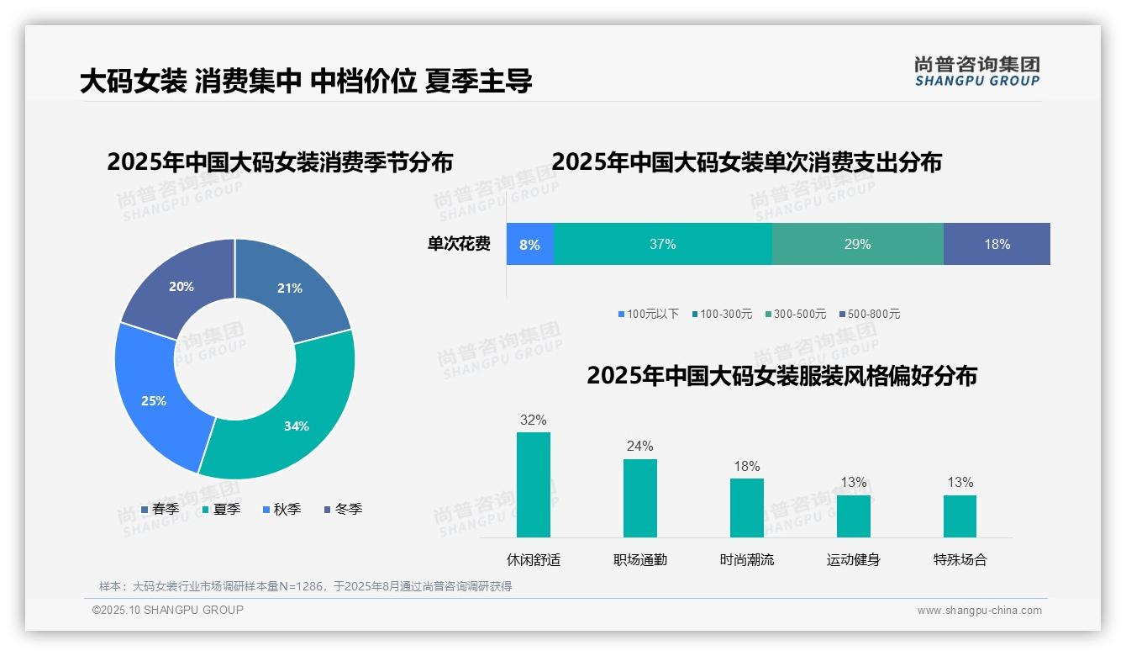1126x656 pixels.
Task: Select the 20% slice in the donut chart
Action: (x=181, y=287)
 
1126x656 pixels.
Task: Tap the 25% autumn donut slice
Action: (x=154, y=400)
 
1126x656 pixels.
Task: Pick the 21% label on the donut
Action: (x=290, y=288)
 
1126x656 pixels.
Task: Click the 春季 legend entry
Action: (x=160, y=509)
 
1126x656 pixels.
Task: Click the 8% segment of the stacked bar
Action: (x=529, y=245)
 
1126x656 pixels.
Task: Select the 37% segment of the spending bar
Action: (x=662, y=245)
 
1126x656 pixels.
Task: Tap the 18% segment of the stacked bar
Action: (x=997, y=245)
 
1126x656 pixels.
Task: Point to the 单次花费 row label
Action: (x=459, y=245)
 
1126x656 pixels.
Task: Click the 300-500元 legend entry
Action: (x=795, y=314)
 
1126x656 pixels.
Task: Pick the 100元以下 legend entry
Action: (x=648, y=314)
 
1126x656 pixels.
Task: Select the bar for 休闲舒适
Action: (x=534, y=484)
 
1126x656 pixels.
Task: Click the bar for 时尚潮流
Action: (x=746, y=507)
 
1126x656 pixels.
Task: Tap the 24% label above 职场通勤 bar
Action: (x=639, y=447)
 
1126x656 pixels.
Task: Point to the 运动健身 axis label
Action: (x=853, y=559)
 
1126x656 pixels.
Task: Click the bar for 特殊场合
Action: (x=960, y=516)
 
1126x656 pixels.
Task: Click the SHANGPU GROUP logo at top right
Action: (x=976, y=71)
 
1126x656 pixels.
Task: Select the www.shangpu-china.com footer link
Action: (x=979, y=611)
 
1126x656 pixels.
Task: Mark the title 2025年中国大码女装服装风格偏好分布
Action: (x=781, y=376)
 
